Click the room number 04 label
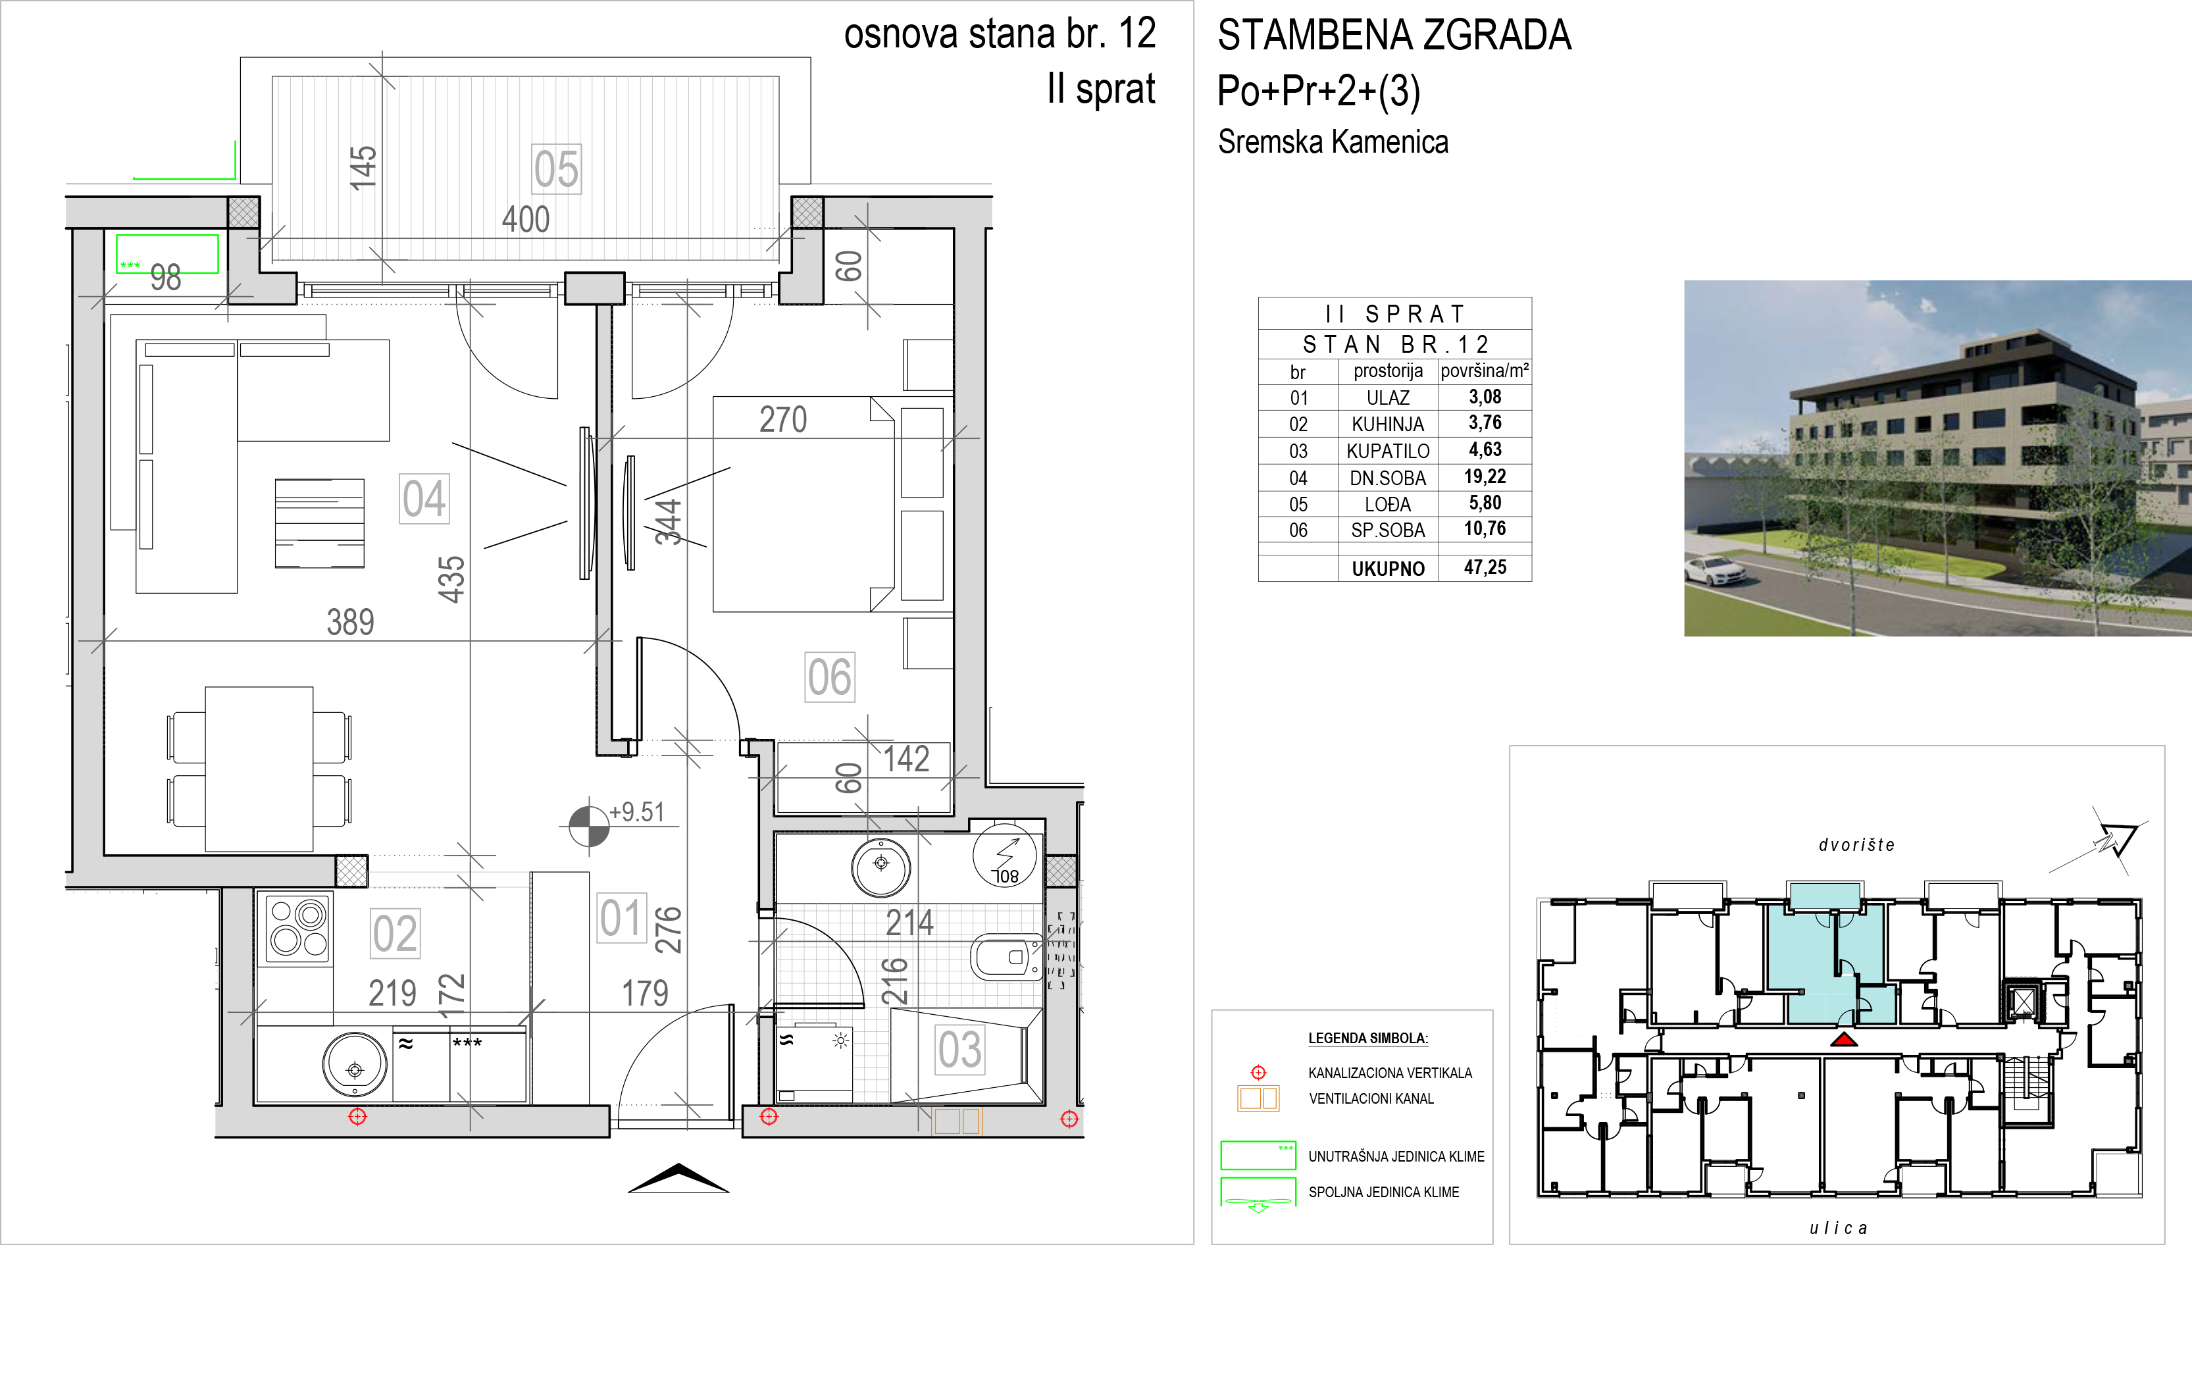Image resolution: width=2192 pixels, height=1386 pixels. [424, 499]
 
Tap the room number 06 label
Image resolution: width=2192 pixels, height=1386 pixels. [829, 677]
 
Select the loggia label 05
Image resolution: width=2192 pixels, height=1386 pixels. [556, 169]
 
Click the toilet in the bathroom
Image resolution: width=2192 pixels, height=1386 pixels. [1006, 957]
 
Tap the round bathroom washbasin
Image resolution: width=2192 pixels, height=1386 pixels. [881, 868]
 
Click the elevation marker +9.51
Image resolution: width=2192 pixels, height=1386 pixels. [636, 811]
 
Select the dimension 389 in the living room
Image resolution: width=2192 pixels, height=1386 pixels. [351, 622]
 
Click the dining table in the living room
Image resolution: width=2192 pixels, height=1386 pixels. [259, 769]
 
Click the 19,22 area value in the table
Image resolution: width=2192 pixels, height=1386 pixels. [1485, 476]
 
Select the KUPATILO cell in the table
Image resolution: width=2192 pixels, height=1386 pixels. [1389, 451]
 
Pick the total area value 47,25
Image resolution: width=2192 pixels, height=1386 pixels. [1485, 567]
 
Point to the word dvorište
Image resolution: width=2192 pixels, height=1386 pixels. [1857, 845]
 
